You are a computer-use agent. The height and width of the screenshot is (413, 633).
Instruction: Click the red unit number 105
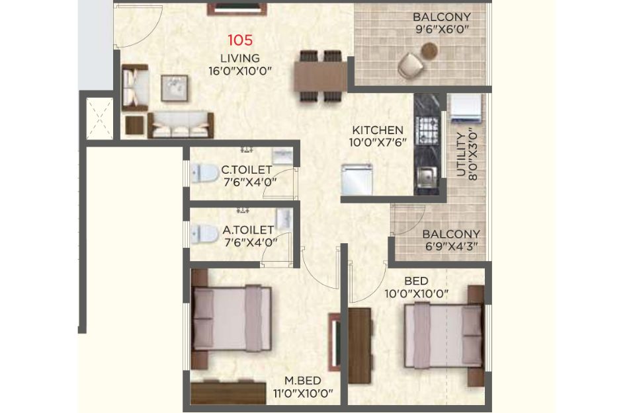(x=240, y=40)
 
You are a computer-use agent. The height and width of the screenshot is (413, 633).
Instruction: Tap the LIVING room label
(x=240, y=57)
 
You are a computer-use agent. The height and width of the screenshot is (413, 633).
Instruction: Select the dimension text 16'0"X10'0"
(x=240, y=71)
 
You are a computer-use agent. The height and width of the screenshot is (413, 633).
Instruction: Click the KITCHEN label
(x=378, y=130)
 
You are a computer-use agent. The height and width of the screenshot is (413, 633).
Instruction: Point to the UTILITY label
(x=460, y=155)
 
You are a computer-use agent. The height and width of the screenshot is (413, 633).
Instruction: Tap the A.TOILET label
(x=248, y=230)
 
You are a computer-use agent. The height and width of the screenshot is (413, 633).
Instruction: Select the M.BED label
(x=303, y=381)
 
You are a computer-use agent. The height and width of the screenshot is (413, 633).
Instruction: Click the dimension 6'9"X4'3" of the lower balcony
(x=451, y=246)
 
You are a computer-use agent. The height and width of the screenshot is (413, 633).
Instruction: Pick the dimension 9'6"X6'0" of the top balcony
(x=442, y=29)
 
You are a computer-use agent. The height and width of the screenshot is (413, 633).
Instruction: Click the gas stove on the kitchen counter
(x=427, y=130)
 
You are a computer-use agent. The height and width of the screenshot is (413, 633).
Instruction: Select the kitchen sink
(x=427, y=176)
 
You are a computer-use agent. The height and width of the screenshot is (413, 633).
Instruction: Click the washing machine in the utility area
(x=466, y=108)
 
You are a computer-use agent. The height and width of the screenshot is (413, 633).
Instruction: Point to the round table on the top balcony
(x=429, y=50)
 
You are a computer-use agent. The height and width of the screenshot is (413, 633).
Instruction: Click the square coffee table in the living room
(x=175, y=88)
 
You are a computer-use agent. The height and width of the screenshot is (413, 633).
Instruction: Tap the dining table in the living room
(x=321, y=76)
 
